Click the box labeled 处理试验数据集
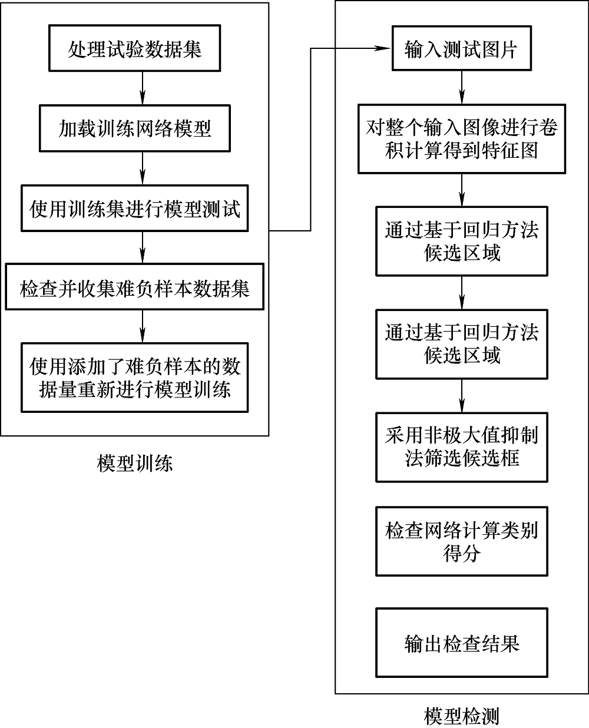(x=134, y=49)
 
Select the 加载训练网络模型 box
(x=134, y=128)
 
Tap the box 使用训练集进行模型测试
(x=134, y=209)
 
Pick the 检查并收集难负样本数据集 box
(x=134, y=289)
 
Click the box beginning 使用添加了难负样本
(x=134, y=378)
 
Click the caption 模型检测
(x=461, y=716)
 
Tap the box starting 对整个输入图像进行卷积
(x=461, y=139)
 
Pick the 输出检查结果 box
(x=461, y=643)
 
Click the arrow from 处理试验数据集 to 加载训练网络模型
(x=142, y=88)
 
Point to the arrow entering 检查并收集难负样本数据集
(x=142, y=249)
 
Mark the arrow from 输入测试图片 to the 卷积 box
(x=462, y=88)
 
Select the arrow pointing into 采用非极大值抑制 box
(x=462, y=397)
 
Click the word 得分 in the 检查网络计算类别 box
(x=461, y=554)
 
